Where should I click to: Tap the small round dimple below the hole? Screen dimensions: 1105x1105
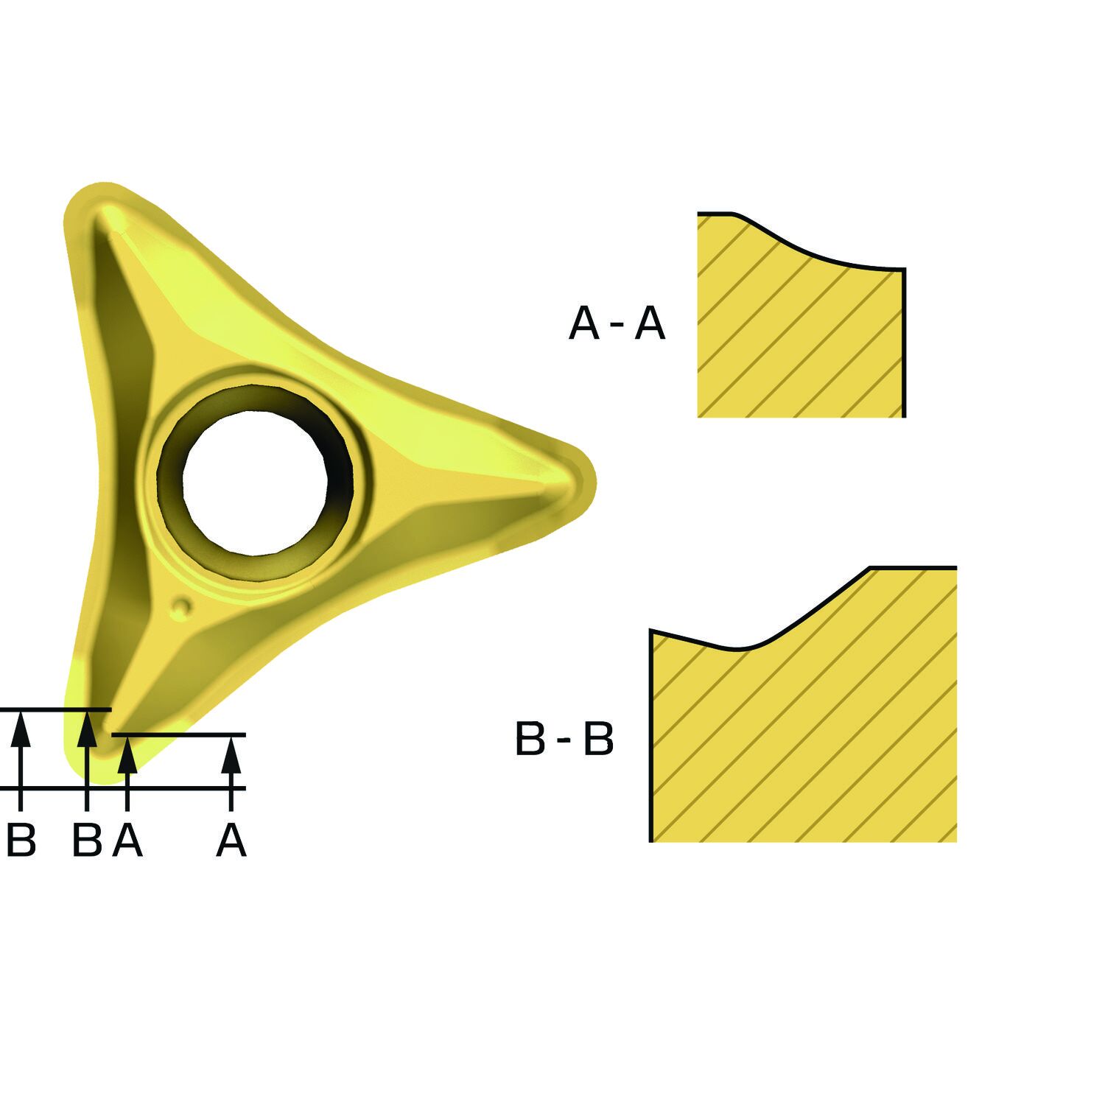click(181, 606)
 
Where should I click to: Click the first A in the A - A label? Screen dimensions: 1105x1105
click(585, 323)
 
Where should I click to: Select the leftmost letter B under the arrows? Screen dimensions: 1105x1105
click(21, 841)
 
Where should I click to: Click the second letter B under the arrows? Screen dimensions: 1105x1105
click(87, 841)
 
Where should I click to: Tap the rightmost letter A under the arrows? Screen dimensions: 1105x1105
click(231, 841)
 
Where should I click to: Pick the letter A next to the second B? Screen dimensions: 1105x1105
click(127, 841)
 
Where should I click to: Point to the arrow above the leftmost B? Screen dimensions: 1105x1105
click(21, 740)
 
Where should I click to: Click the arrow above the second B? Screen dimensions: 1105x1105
click(87, 740)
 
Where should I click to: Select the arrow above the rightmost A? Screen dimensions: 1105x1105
click(231, 759)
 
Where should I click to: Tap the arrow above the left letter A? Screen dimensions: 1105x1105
click(127, 759)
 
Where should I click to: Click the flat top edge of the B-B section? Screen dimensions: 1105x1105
click(913, 567)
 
